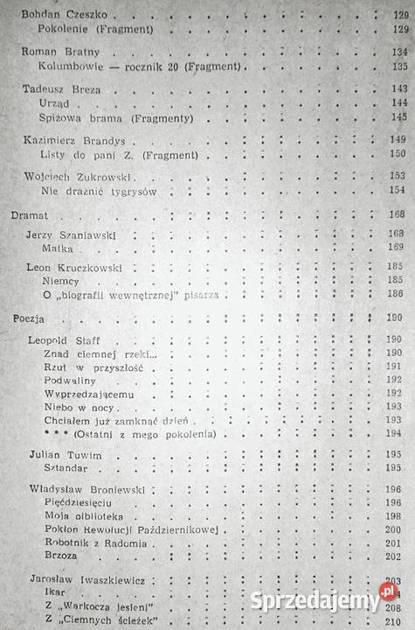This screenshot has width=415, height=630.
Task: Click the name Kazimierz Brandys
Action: (x=67, y=140)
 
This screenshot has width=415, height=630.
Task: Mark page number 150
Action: (x=398, y=154)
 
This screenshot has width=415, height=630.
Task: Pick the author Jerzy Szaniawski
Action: (x=73, y=234)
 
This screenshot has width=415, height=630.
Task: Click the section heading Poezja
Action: (x=27, y=317)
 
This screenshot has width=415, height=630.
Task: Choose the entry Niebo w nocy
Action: (x=76, y=407)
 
